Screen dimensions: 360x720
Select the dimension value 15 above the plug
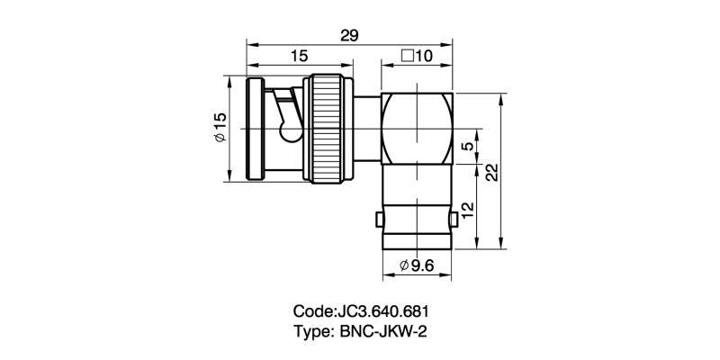coord(300,57)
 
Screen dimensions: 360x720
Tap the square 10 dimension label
coord(417,57)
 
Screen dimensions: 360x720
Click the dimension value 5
coord(465,148)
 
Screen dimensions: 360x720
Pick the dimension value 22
coord(491,173)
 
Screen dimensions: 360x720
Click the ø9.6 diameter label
coord(417,265)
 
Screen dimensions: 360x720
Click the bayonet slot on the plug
coord(288,121)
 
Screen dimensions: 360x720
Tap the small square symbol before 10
coord(407,57)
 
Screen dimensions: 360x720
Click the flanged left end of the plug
coord(252,130)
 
